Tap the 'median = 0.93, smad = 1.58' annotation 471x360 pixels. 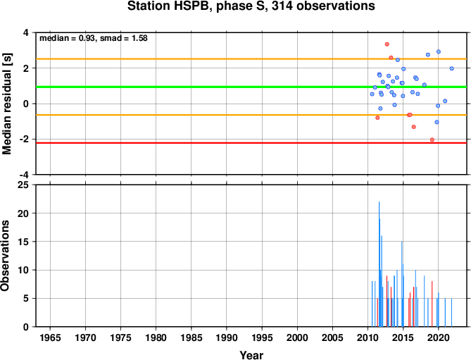[94, 38]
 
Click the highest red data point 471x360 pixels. [387, 44]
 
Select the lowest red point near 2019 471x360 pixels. [432, 139]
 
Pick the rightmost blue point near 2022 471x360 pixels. [451, 68]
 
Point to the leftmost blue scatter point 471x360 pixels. [372, 94]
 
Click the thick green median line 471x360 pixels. [251, 87]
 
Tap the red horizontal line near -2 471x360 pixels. [251, 143]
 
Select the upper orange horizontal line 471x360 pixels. [251, 59]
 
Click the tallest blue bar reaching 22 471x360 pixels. [379, 264]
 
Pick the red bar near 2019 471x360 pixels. [432, 304]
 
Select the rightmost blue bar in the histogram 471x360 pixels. [451, 313]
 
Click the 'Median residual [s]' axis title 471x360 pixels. [6, 104]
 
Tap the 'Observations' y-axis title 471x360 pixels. [5, 256]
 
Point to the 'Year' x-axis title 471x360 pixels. [251, 355]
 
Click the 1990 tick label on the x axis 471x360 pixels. [227, 337]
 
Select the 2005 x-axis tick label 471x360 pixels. [332, 337]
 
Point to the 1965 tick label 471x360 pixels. [50, 337]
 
